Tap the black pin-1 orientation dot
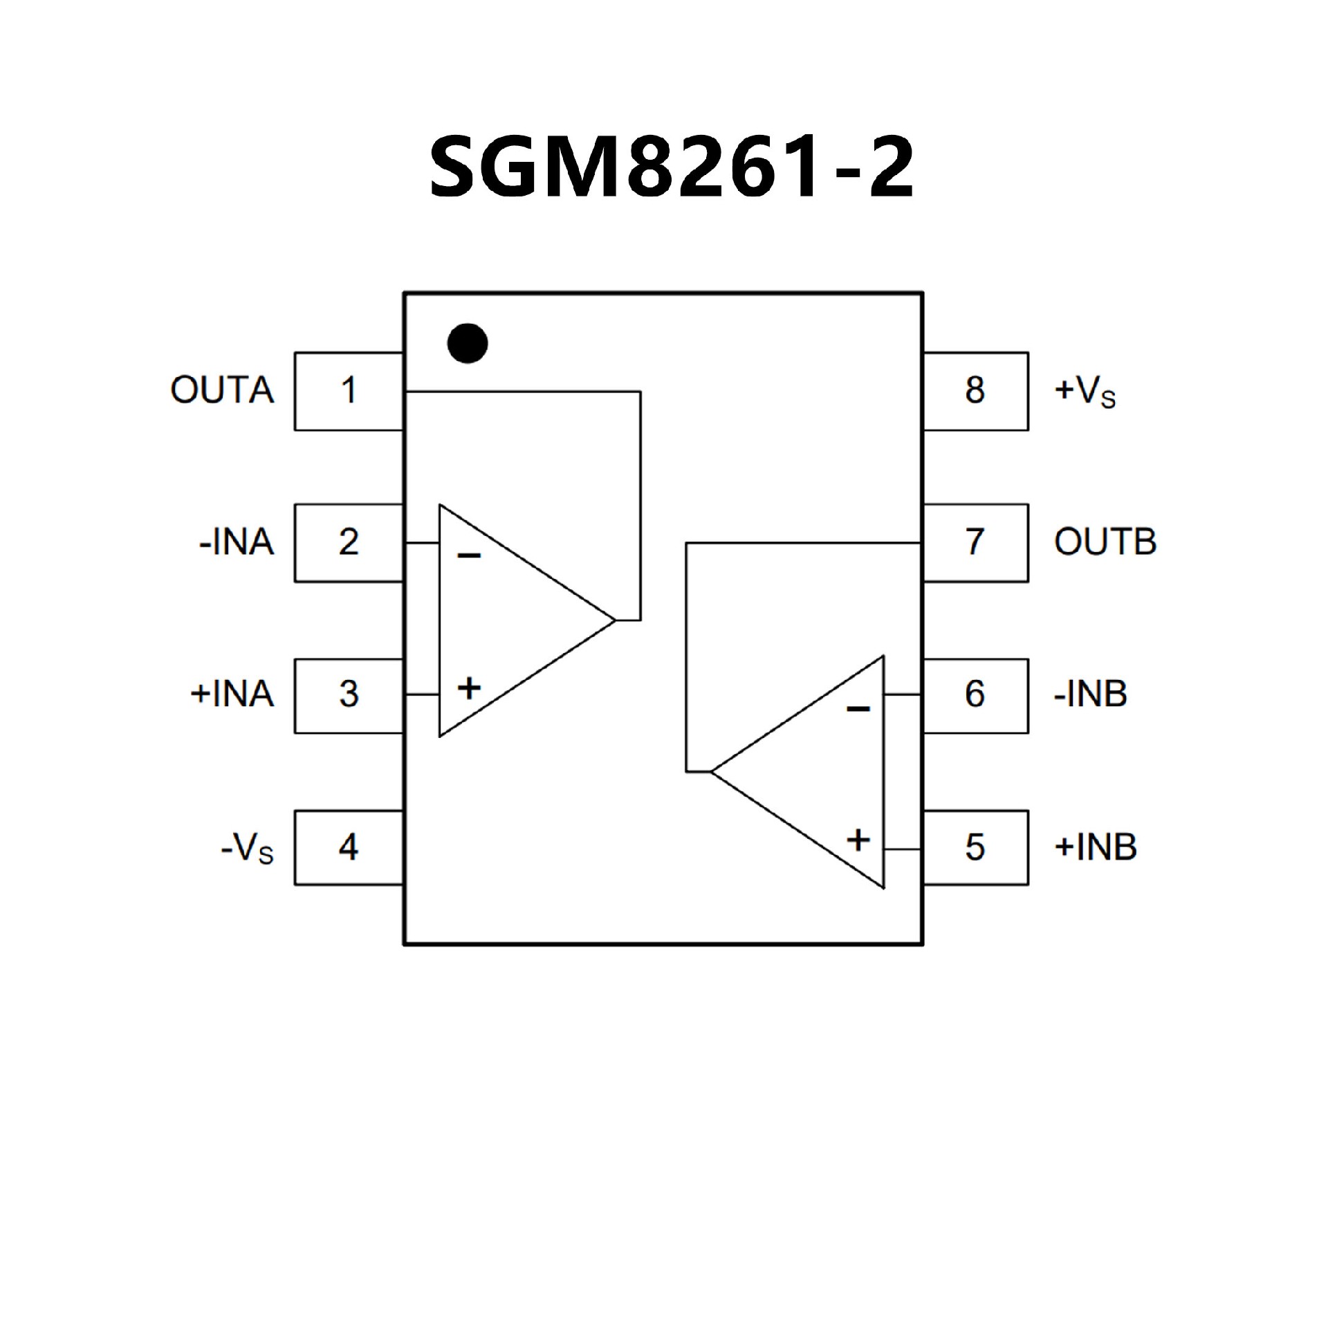point(468,343)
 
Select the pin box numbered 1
point(349,391)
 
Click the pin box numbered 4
point(349,847)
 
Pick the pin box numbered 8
point(975,391)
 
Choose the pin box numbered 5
point(975,847)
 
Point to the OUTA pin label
point(222,391)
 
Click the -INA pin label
point(237,542)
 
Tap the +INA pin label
point(232,694)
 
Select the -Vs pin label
point(247,848)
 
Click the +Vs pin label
point(1085,391)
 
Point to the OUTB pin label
point(1105,542)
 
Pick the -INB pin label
point(1090,694)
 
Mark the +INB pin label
point(1095,847)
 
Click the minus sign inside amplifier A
point(469,555)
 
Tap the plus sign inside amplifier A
point(469,688)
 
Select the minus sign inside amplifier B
point(858,708)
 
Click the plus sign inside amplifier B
point(858,840)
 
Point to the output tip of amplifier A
point(614,620)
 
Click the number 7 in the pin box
point(975,542)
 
